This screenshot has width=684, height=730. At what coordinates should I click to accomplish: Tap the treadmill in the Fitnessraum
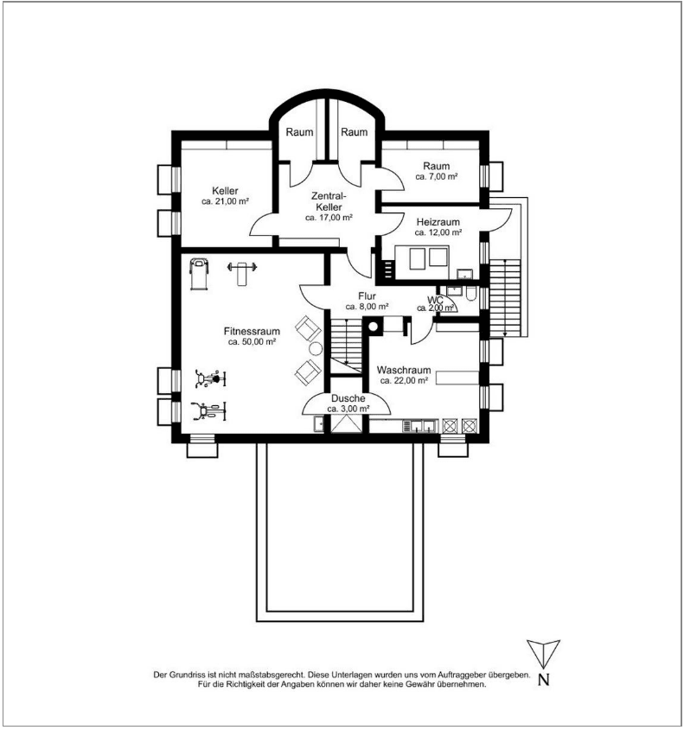pos(197,274)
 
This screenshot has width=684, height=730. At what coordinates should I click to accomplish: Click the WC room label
pos(434,300)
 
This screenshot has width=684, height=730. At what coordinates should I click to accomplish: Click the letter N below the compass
pos(543,679)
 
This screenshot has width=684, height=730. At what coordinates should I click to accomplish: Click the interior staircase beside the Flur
pos(344,341)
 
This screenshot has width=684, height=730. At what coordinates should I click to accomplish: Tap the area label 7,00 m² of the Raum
pos(437,177)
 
